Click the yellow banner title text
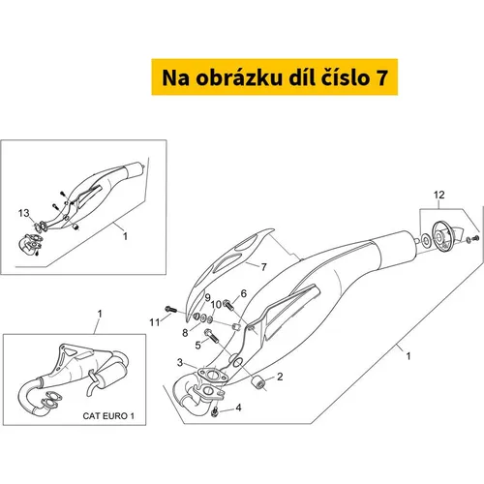[x=275, y=77]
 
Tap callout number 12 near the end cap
[x=439, y=195]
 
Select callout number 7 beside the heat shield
[x=263, y=267]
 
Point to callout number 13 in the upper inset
[x=24, y=213]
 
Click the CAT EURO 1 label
[x=108, y=416]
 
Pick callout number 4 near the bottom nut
[x=238, y=408]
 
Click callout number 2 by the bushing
[x=280, y=377]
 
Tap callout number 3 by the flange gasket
[x=180, y=363]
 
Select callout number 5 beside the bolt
[x=197, y=346]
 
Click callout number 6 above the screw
[x=244, y=293]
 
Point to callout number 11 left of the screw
[x=155, y=322]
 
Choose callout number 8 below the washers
[x=185, y=333]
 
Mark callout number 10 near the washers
[x=216, y=304]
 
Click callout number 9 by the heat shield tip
[x=207, y=297]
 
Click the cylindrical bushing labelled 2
[x=257, y=382]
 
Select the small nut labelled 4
[x=215, y=411]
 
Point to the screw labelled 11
[x=171, y=309]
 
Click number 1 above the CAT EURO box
[x=100, y=314]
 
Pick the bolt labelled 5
[x=211, y=336]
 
